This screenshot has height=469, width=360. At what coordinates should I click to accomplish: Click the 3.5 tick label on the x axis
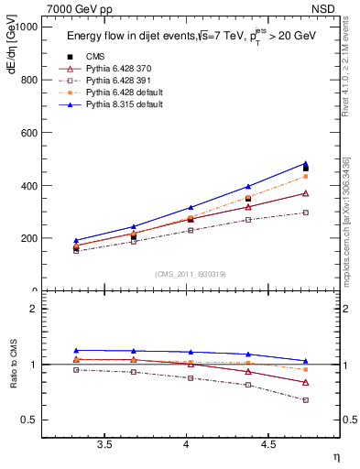tap(104, 444)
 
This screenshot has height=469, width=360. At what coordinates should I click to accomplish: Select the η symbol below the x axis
tap(334, 455)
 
